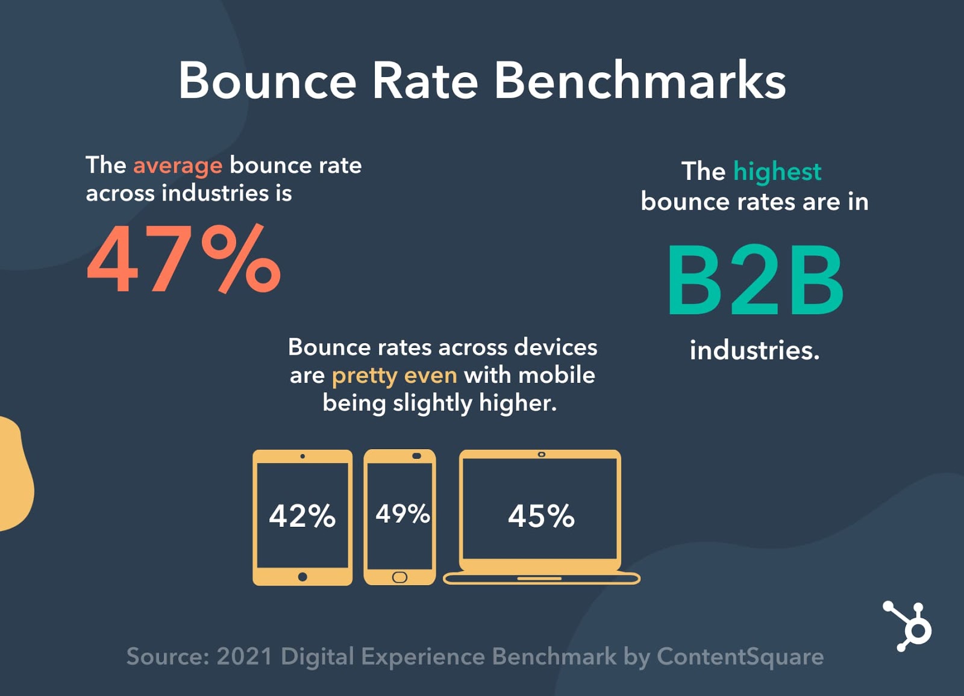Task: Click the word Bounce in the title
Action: pyautogui.click(x=268, y=81)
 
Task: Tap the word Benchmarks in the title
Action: pyautogui.click(x=640, y=81)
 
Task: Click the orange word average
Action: pyautogui.click(x=178, y=166)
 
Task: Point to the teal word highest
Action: pyautogui.click(x=777, y=172)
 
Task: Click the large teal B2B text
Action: pyautogui.click(x=755, y=281)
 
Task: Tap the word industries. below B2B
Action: pyautogui.click(x=754, y=350)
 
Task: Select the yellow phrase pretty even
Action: pyautogui.click(x=394, y=376)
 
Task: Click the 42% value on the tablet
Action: pyautogui.click(x=302, y=516)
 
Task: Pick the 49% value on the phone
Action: pyautogui.click(x=402, y=514)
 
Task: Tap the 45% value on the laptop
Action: pyautogui.click(x=541, y=516)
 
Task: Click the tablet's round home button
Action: pyautogui.click(x=302, y=577)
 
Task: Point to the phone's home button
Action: pyautogui.click(x=399, y=577)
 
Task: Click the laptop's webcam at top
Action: pyautogui.click(x=542, y=455)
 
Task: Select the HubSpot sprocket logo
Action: pyautogui.click(x=909, y=626)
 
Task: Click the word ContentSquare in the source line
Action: pyautogui.click(x=740, y=656)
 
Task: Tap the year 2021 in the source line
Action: pyautogui.click(x=244, y=656)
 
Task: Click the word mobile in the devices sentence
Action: pyautogui.click(x=557, y=375)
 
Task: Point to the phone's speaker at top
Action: pyautogui.click(x=416, y=456)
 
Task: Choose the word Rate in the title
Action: pyautogui.click(x=425, y=81)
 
